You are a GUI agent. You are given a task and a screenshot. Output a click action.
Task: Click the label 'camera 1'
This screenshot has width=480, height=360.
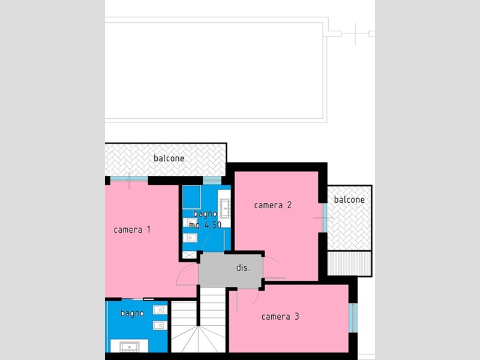[x=132, y=230]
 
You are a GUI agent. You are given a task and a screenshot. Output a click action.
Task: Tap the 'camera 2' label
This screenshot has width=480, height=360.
[x=273, y=205]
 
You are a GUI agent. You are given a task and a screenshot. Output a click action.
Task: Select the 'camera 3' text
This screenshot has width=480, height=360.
[x=280, y=317]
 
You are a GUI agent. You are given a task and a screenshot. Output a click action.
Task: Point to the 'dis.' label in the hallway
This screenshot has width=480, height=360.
[x=244, y=268]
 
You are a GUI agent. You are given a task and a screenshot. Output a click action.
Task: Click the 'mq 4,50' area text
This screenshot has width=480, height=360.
[x=205, y=225]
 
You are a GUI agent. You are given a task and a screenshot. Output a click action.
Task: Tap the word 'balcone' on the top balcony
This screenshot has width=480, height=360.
[x=169, y=158]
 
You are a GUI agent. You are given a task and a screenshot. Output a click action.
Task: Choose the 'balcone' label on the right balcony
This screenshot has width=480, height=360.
[x=349, y=200]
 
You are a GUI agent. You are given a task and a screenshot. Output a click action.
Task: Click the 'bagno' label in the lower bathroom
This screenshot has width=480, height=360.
[x=132, y=313]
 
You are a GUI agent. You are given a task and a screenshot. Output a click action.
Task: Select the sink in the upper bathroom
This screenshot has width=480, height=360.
[x=225, y=208]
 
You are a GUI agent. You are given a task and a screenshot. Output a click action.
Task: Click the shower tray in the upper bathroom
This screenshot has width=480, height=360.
[x=191, y=197]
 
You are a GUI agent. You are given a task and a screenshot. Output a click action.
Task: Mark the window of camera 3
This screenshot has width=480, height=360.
[x=353, y=318]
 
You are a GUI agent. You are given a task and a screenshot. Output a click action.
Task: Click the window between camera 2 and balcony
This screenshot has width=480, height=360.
[x=325, y=218]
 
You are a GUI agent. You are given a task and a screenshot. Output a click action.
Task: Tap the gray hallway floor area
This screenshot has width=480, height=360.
[x=230, y=271]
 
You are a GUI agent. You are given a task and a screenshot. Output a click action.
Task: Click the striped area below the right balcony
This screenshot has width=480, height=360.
[x=349, y=263]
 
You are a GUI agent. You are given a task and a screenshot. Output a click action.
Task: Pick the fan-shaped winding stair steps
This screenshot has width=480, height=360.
[x=199, y=339]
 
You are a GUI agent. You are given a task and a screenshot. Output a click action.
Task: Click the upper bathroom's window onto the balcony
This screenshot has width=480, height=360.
[x=212, y=181]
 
